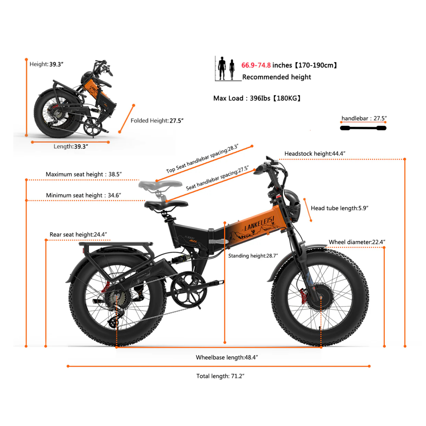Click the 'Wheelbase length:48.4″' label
pos(227,357)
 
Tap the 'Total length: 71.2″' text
pos(220,376)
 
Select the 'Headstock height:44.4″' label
pos(315,154)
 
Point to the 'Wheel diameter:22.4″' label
pos(357,242)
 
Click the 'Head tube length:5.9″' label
pos(339,208)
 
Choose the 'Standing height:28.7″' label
pos(253,256)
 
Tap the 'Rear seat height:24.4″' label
pos(78,235)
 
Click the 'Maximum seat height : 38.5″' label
pos(83,174)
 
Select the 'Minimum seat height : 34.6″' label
pos(83,195)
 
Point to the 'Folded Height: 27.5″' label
pos(157,121)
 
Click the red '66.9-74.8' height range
pos(256,65)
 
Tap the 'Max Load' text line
pos(257,98)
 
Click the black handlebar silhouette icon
pos(363,128)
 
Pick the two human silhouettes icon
pos(226,68)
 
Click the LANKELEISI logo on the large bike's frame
pos(259,223)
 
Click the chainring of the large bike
pos(188,289)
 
